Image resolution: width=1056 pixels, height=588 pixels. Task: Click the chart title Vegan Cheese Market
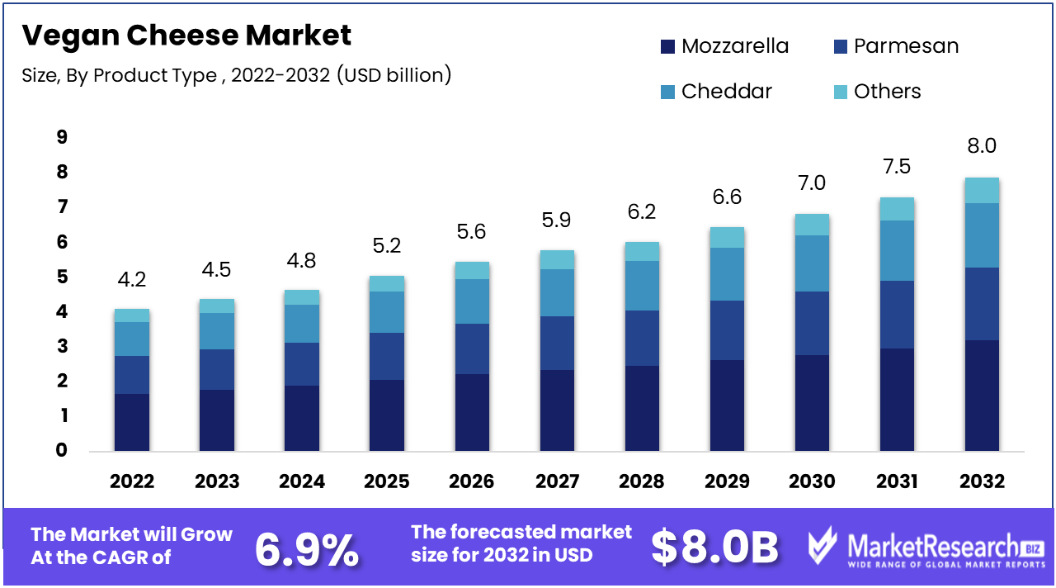(x=186, y=36)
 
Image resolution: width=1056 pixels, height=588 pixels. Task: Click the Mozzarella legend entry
(x=724, y=46)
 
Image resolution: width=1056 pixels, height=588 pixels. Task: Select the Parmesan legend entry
(x=896, y=46)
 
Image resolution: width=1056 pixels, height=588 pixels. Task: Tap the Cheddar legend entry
(x=716, y=91)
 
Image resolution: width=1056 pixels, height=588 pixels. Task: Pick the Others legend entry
(x=877, y=91)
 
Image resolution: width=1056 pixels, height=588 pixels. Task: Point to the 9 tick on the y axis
(x=62, y=137)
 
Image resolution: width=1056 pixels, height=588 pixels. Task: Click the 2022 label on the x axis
(x=132, y=481)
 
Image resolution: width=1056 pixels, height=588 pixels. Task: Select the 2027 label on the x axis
(x=557, y=481)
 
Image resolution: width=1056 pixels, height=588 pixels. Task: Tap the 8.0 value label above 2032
(x=982, y=146)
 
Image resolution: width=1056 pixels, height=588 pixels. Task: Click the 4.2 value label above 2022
(x=132, y=279)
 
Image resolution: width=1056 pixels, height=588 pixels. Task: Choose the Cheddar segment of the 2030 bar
(x=812, y=263)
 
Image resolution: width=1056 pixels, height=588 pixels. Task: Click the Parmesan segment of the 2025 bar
(x=387, y=356)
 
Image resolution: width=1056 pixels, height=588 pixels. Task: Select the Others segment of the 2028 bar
(x=642, y=251)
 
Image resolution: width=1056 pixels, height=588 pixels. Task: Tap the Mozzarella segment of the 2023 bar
(x=217, y=420)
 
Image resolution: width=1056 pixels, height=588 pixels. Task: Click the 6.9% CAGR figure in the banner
(x=306, y=548)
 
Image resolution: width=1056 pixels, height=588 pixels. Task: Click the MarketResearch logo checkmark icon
(x=824, y=548)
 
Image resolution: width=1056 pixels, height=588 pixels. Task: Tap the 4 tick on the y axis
(x=62, y=312)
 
